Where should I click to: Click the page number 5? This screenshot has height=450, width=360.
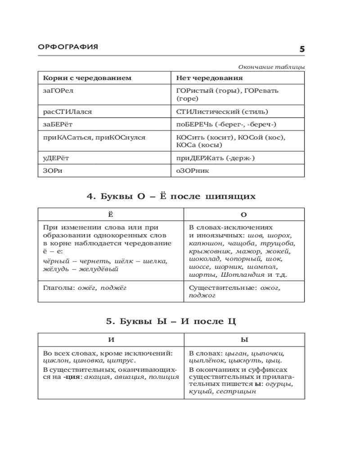tap(302, 49)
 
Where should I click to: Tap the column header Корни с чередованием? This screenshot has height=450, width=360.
tap(87, 78)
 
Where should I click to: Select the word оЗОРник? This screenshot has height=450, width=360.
tap(193, 171)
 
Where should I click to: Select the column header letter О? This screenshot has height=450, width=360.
tap(244, 215)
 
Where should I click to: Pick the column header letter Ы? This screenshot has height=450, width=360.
tap(244, 340)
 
